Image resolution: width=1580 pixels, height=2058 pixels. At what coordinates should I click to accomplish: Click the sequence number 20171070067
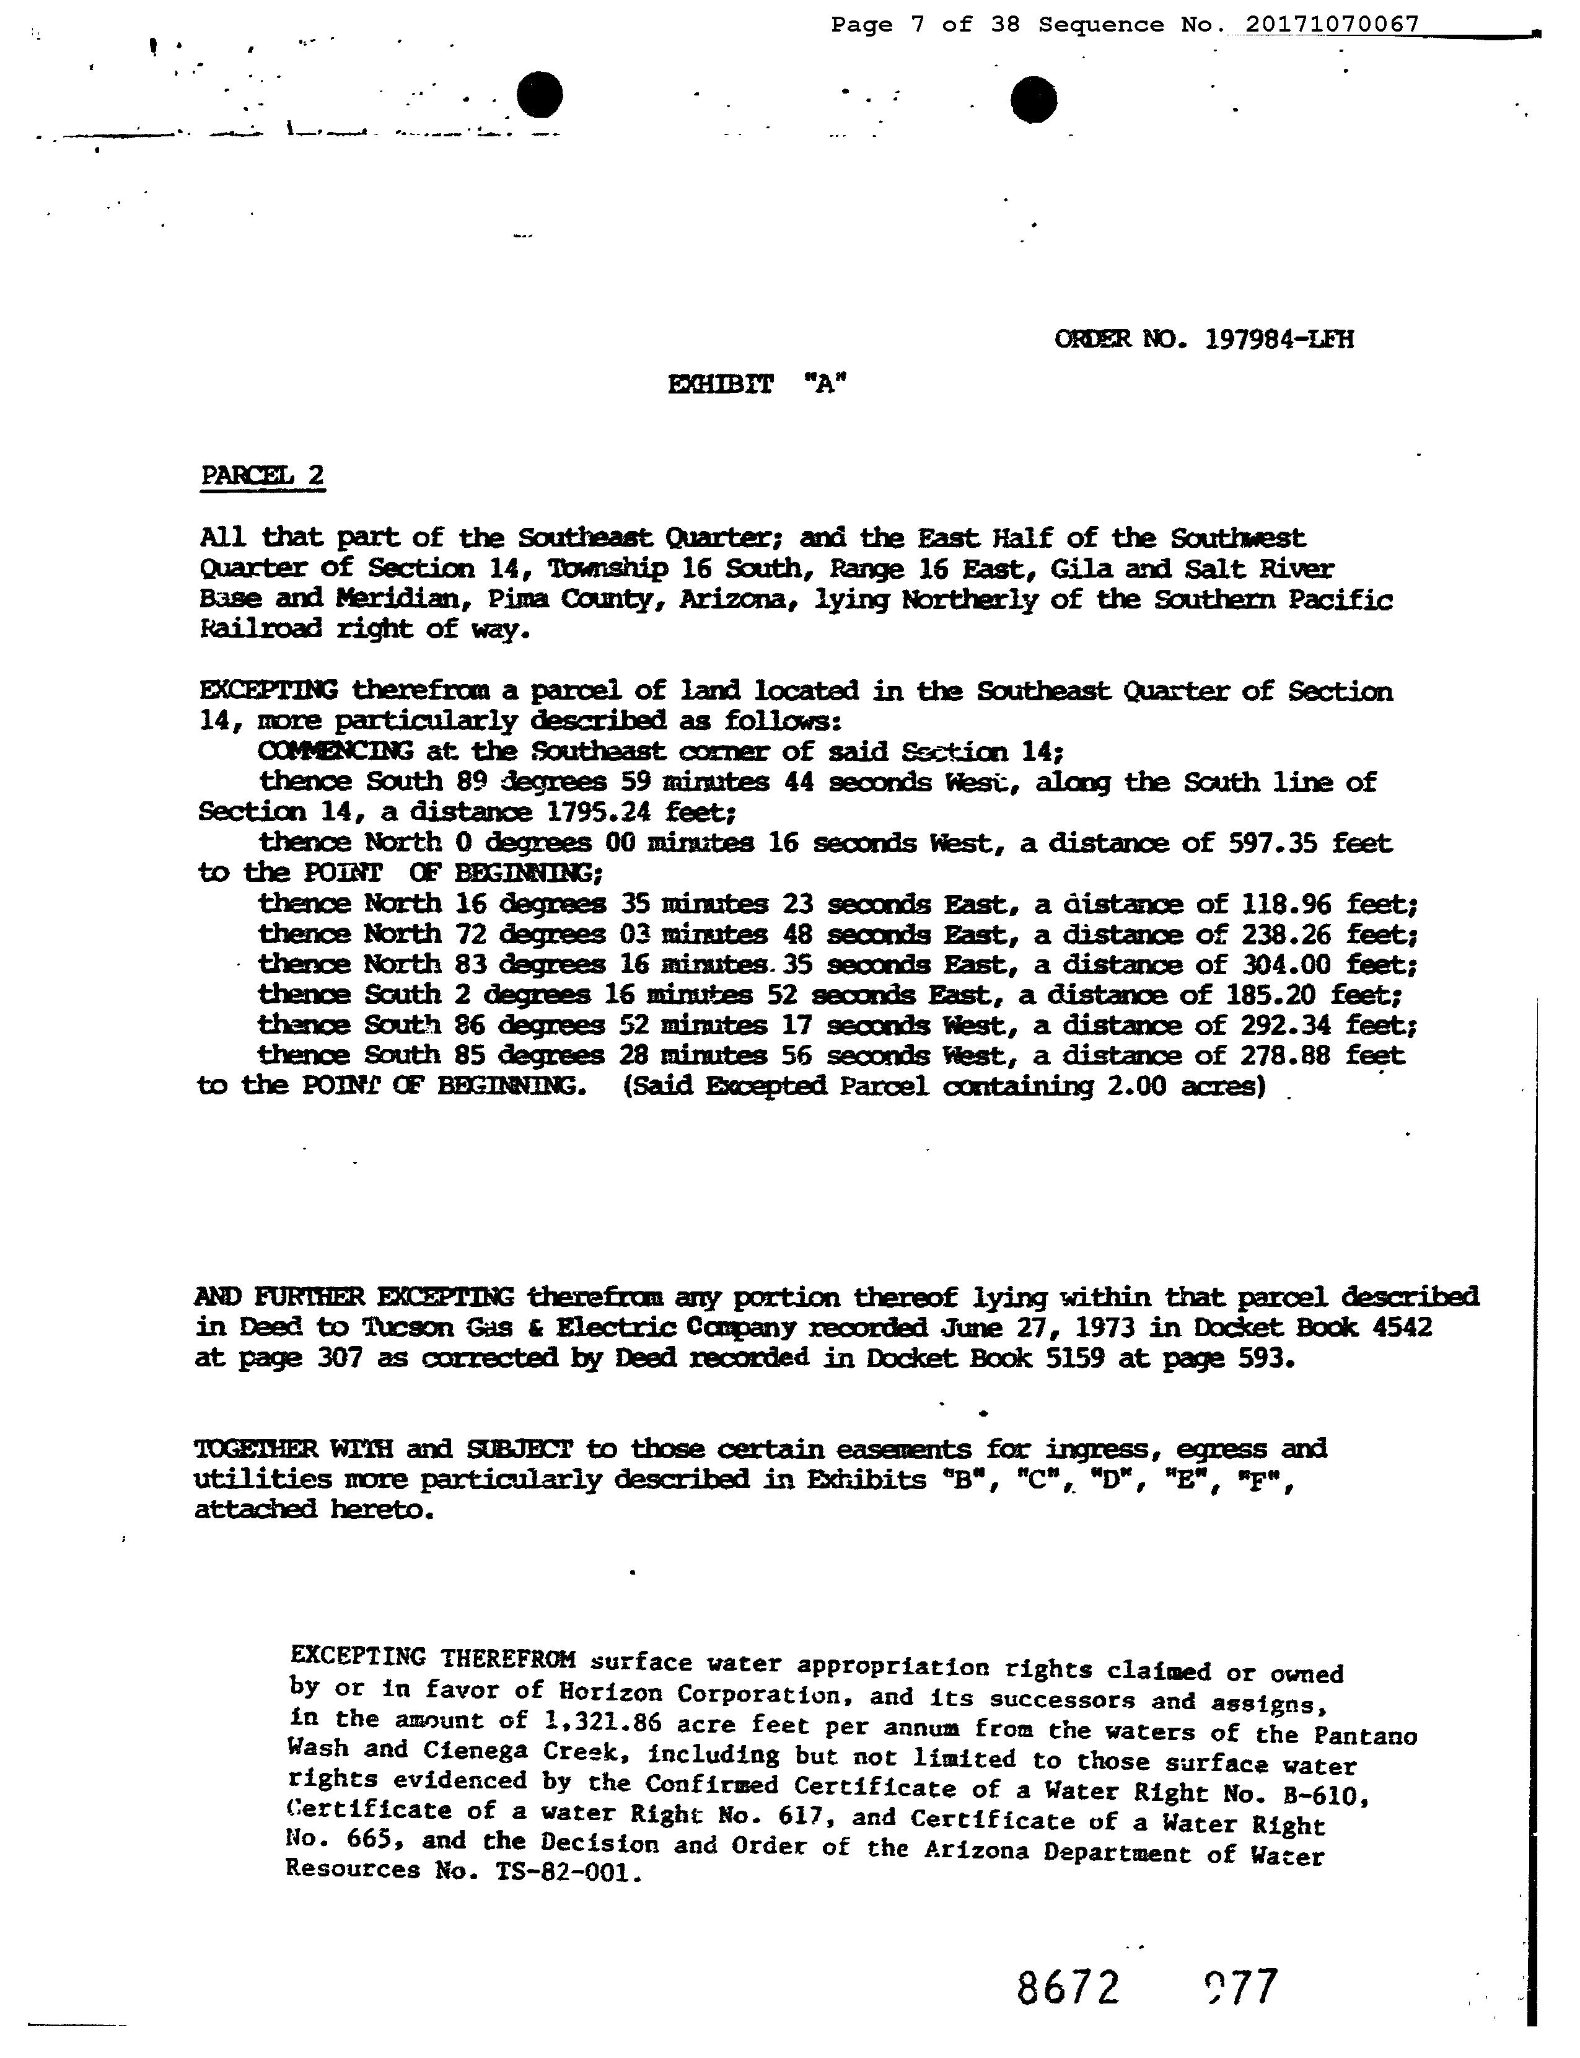(x=1331, y=24)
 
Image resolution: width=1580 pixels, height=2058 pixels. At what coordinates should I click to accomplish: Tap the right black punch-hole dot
(x=1034, y=100)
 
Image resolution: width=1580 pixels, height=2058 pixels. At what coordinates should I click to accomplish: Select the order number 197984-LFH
(x=1278, y=340)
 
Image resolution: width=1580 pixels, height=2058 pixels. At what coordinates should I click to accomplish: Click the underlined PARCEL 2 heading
(x=262, y=475)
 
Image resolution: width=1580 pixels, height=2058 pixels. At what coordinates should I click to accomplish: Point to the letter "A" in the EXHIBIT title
(x=825, y=385)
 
